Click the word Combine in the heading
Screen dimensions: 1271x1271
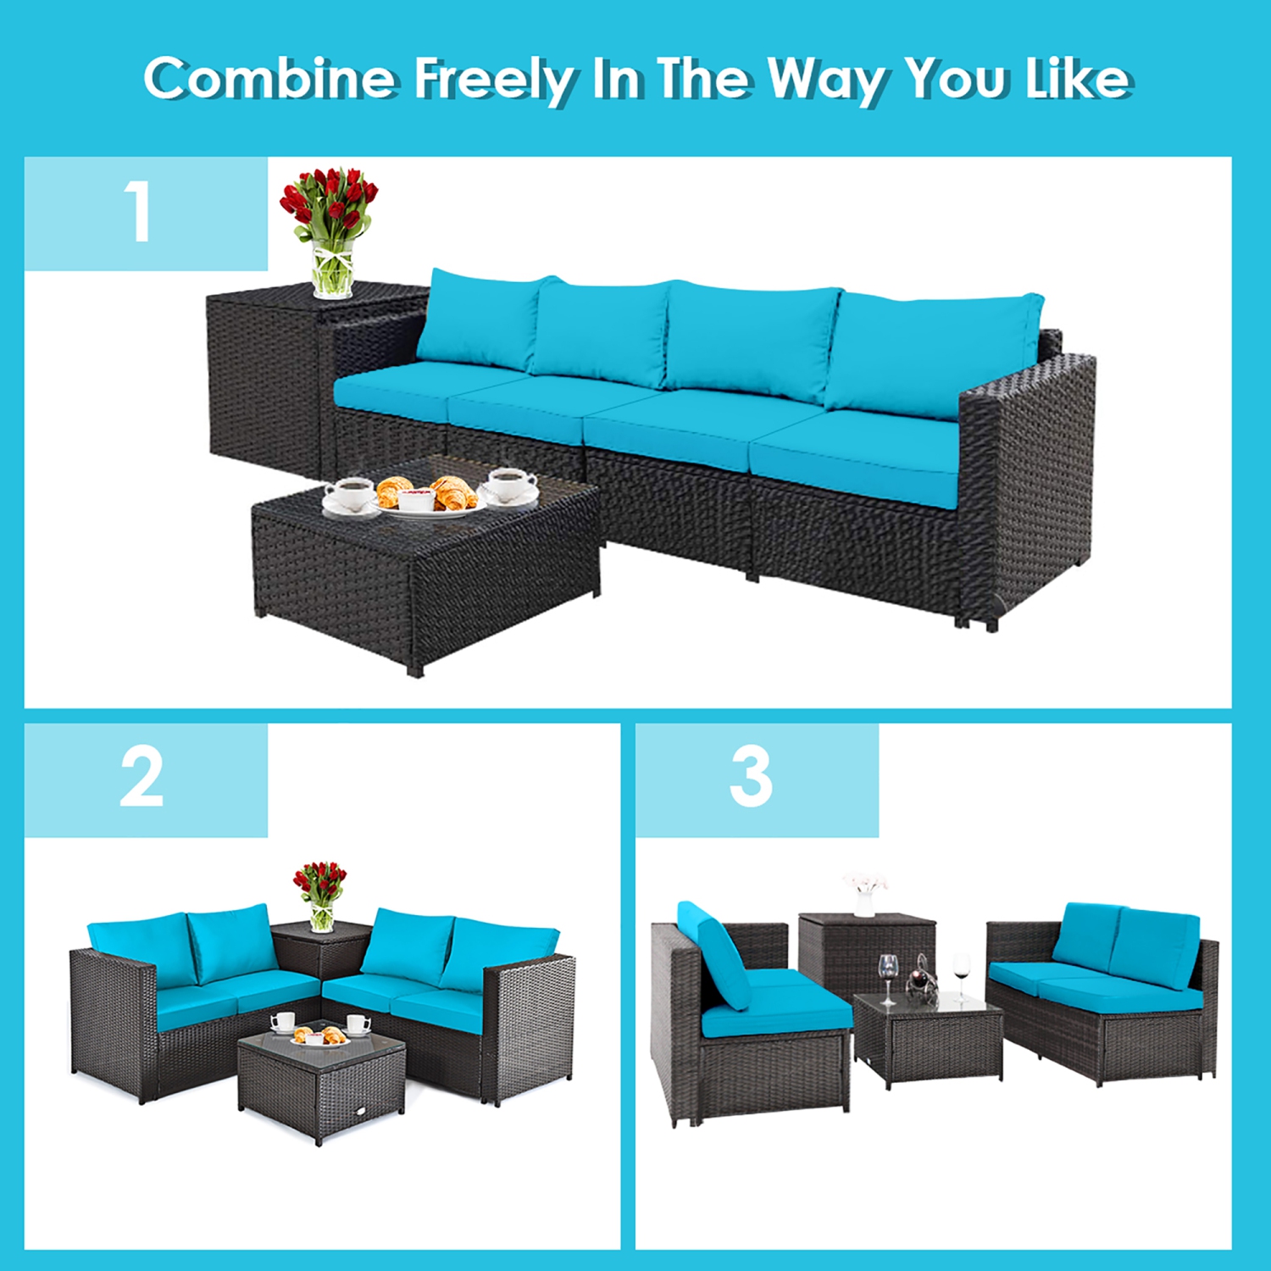(269, 79)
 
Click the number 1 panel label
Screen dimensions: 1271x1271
(138, 213)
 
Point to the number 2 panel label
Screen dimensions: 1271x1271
(142, 779)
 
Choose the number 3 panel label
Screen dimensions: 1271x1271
(751, 779)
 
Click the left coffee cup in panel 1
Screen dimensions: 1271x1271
(350, 494)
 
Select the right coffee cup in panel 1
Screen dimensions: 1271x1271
(509, 486)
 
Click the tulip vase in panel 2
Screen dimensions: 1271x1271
(320, 898)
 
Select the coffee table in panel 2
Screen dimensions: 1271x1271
(322, 1085)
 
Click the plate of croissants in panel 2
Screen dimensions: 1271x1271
(319, 1036)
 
